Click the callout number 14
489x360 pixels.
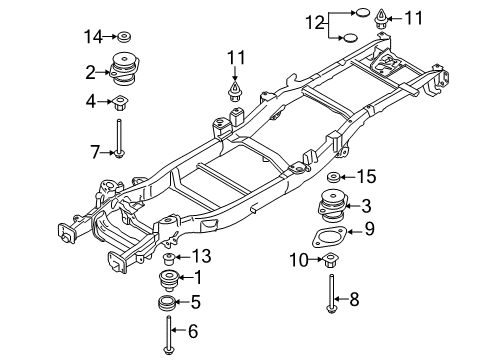(x=93, y=36)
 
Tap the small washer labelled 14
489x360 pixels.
(x=124, y=37)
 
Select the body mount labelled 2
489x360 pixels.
(x=124, y=69)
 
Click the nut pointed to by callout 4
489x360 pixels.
(x=120, y=103)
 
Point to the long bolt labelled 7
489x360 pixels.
(x=119, y=138)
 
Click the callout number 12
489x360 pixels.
(x=315, y=23)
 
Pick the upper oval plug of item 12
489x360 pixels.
(x=362, y=13)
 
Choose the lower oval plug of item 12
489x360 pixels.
(x=350, y=38)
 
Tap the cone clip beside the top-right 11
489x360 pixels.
(x=381, y=20)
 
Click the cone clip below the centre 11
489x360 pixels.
(x=235, y=91)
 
